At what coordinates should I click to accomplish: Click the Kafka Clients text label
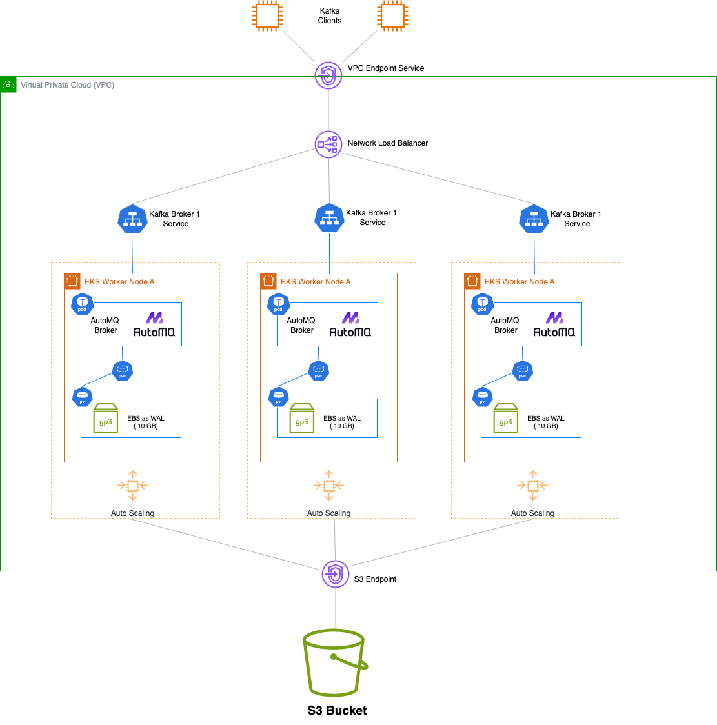329,15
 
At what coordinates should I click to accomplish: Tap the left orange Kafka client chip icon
267,15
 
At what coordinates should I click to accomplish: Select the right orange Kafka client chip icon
393,15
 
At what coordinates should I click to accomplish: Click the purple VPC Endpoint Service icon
328,75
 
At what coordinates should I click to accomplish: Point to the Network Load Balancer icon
328,144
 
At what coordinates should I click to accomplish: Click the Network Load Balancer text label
387,143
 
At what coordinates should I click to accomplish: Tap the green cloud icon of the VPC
8,84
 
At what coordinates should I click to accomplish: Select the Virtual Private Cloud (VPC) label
67,85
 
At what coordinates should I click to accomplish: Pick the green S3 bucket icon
335,662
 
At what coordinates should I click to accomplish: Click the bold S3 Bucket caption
337,710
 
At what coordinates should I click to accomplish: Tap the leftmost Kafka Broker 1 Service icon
132,219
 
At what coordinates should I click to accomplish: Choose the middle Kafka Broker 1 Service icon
329,218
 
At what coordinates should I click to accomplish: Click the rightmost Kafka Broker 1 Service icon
534,219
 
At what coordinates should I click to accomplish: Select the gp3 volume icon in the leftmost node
106,418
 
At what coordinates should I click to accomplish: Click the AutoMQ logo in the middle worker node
350,324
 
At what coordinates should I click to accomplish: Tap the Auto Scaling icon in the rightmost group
532,485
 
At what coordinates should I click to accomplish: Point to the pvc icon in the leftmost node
123,371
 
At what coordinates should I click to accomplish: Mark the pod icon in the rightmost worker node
482,304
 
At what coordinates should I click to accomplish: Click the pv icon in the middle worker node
279,397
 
